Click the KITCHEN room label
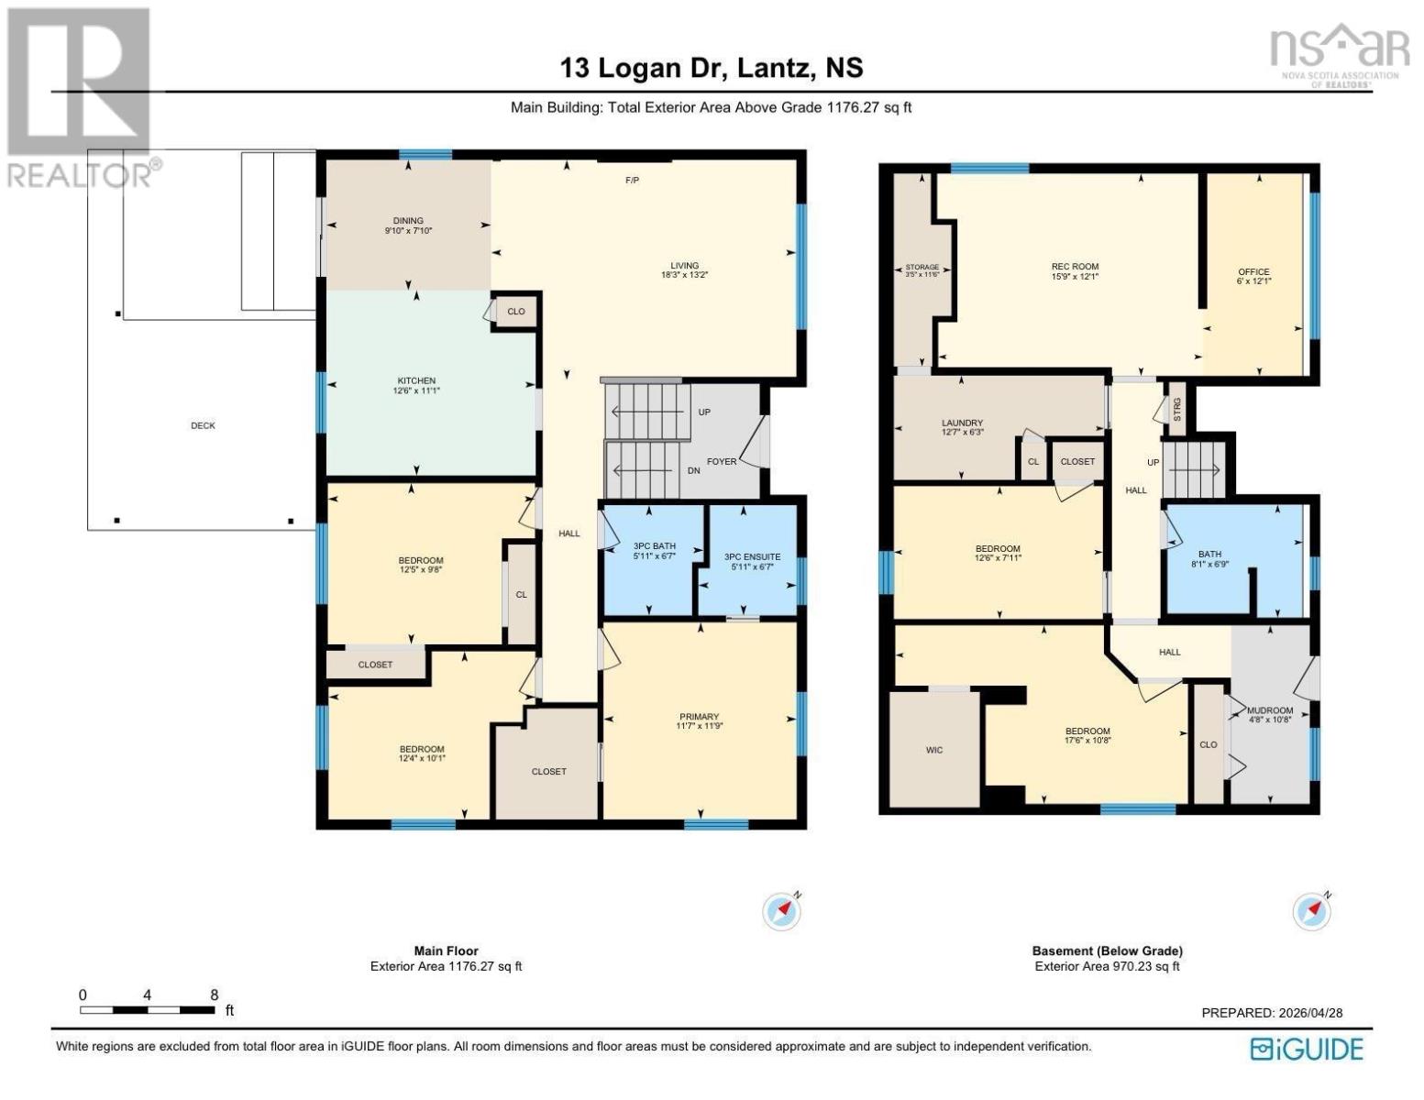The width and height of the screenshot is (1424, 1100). pyautogui.click(x=416, y=380)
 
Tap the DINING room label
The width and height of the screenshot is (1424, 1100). pyautogui.click(x=408, y=221)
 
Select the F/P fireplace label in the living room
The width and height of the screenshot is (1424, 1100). pyautogui.click(x=632, y=180)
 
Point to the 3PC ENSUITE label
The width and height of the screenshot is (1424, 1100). pyautogui.click(x=752, y=557)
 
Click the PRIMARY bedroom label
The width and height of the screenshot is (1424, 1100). pyautogui.click(x=700, y=717)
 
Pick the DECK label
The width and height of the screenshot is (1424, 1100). pyautogui.click(x=204, y=426)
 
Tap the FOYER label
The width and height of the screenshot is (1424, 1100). pyautogui.click(x=722, y=461)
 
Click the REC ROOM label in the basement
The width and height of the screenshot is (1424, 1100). pyautogui.click(x=1075, y=267)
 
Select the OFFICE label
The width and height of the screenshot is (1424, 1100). pyautogui.click(x=1253, y=272)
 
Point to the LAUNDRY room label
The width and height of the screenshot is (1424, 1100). pyautogui.click(x=962, y=423)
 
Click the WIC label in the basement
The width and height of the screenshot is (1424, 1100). pyautogui.click(x=934, y=750)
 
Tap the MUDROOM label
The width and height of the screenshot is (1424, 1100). pyautogui.click(x=1270, y=710)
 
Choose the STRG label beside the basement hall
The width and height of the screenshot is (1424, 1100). pyautogui.click(x=1177, y=410)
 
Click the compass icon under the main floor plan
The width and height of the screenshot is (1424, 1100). pyautogui.click(x=782, y=910)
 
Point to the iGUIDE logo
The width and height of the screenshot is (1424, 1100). pyautogui.click(x=1307, y=1049)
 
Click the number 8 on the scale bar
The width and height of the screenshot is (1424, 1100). pyautogui.click(x=215, y=995)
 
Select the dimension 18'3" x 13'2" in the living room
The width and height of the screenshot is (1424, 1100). pyautogui.click(x=684, y=275)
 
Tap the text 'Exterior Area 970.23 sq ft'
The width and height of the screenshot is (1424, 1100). pyautogui.click(x=1107, y=966)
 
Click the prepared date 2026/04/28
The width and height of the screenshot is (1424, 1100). pyautogui.click(x=1308, y=1013)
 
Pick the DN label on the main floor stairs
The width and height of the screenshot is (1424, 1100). pyautogui.click(x=694, y=470)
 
